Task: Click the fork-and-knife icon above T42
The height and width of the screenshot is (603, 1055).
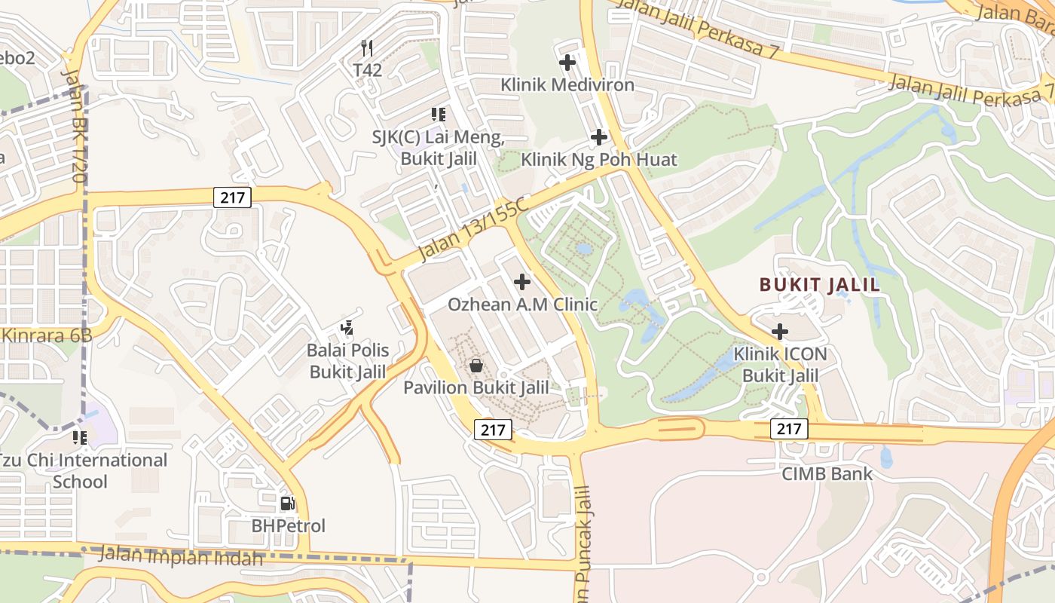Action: pos(367,48)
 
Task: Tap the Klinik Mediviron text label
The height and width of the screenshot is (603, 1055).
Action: pos(567,84)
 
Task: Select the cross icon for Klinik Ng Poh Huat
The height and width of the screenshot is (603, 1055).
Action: pos(599,137)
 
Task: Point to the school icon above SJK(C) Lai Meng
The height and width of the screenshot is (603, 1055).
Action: pos(438,115)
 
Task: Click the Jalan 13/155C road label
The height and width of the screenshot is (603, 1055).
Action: pos(473,228)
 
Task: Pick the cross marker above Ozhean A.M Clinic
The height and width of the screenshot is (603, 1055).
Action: pos(521,282)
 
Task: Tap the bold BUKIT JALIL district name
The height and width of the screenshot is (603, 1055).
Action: pos(820,285)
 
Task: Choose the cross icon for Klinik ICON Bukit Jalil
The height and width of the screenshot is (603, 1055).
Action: pos(780,331)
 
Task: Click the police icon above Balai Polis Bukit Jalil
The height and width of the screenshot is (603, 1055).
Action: pos(347,328)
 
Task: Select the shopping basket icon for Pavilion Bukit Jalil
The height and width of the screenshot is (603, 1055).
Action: pos(476,366)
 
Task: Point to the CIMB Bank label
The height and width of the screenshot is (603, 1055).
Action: pos(827,473)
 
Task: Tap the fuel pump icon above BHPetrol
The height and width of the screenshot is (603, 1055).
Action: pos(287,503)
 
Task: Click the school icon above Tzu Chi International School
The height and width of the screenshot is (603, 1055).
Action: pos(79,437)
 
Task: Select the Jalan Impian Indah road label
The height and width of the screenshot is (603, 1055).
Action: pos(181,557)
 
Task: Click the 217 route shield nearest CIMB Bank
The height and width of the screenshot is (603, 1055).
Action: pos(789,429)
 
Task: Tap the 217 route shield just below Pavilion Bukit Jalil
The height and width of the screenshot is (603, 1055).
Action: pos(493,430)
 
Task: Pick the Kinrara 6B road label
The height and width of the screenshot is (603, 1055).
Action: pos(47,335)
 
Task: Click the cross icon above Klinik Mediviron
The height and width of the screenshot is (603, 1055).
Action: pos(567,63)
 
